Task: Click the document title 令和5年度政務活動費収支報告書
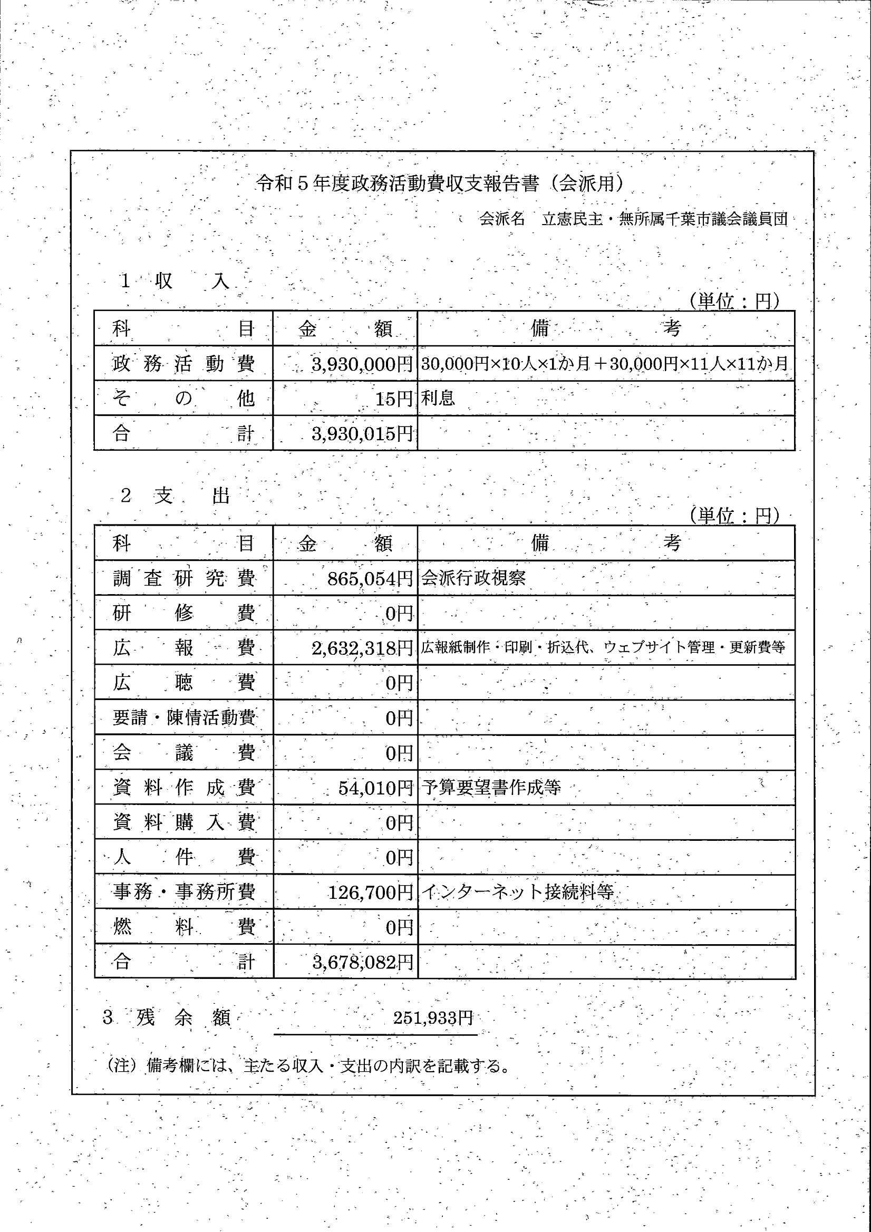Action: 440,184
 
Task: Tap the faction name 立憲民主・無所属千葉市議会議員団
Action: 664,219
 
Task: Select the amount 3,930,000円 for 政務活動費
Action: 362,364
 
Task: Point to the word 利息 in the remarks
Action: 438,398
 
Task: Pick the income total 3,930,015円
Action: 362,433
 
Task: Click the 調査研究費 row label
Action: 183,578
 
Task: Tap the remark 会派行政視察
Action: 473,578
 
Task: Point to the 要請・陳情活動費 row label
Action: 183,718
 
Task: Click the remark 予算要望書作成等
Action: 491,787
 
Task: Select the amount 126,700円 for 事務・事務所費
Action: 370,893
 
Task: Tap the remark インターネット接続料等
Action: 517,892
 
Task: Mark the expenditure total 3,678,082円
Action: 363,962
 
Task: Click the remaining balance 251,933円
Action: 433,1017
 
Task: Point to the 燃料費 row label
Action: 183,927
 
